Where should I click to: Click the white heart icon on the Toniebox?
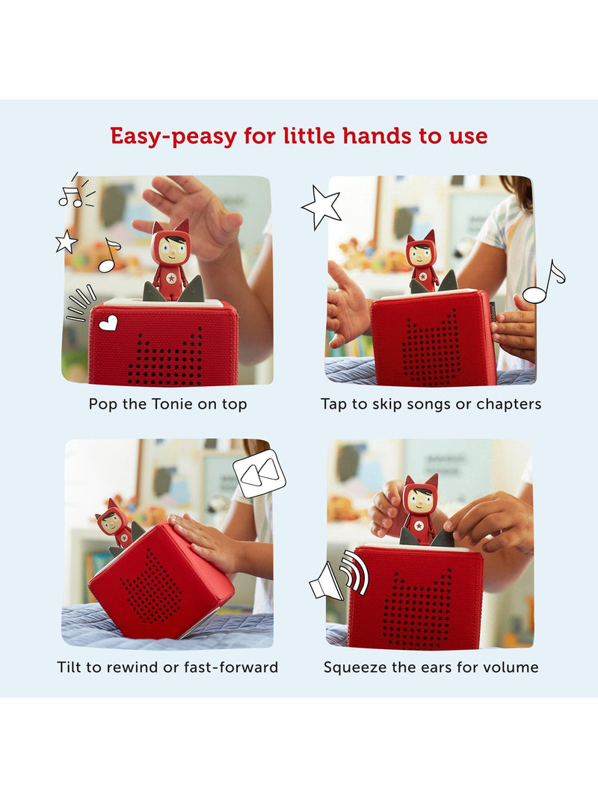[x=108, y=323]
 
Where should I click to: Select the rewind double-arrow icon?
[x=259, y=474]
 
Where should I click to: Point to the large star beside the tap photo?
[x=321, y=207]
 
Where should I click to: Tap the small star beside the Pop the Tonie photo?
[x=67, y=241]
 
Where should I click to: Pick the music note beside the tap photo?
[x=543, y=282]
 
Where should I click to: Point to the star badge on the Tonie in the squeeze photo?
[x=419, y=525]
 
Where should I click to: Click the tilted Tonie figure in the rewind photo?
[x=116, y=524]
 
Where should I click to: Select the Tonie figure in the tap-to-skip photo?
[x=422, y=261]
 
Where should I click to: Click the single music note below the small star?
[x=109, y=255]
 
